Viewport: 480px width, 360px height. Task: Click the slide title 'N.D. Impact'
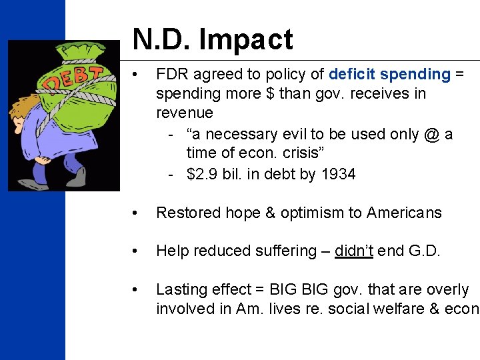pyautogui.click(x=213, y=39)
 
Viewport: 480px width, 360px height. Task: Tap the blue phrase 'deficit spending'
pyautogui.click(x=389, y=74)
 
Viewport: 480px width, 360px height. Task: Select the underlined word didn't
pyautogui.click(x=354, y=251)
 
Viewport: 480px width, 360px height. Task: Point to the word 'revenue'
pyautogui.click(x=185, y=113)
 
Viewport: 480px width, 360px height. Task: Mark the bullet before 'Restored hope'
pyautogui.click(x=136, y=213)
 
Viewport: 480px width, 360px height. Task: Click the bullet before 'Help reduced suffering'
pyautogui.click(x=136, y=251)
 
